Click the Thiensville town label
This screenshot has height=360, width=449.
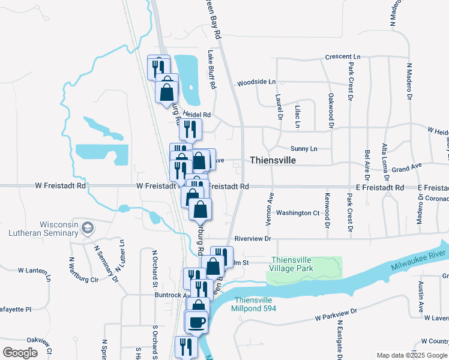[x=273, y=160]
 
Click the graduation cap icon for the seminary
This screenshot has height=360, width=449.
[x=88, y=227]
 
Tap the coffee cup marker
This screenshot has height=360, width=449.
[x=196, y=323]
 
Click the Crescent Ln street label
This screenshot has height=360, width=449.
[x=343, y=57]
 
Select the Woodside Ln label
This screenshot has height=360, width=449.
[x=256, y=82]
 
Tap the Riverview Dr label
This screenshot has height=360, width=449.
[x=253, y=239]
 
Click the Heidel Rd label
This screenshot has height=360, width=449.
[x=197, y=114]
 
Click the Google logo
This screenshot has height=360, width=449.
[x=20, y=353]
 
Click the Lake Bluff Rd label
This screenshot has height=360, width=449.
[x=211, y=69]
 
